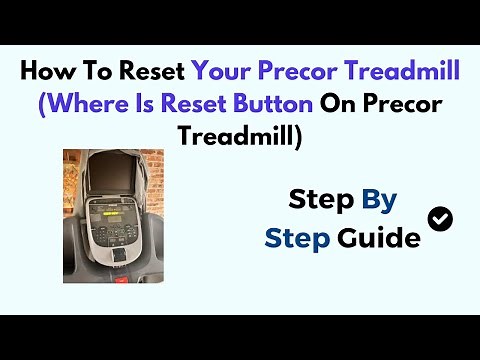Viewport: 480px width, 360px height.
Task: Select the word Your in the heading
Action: pos(218,72)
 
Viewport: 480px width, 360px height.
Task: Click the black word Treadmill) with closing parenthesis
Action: pos(240,136)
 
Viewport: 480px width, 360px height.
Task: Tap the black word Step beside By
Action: pos(321,200)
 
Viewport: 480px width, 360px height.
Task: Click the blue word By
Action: pos(379,200)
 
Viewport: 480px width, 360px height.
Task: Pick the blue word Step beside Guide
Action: pos(297,238)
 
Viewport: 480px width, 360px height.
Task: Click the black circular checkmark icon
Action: pos(438,218)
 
